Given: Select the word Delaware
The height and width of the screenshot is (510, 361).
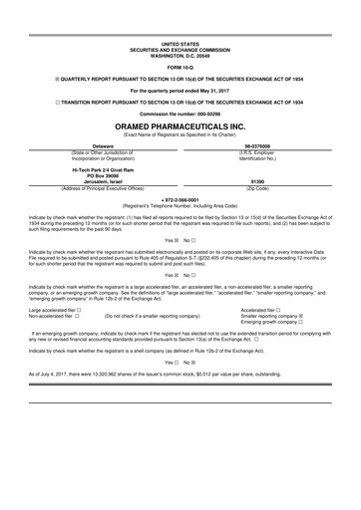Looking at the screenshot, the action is click(95, 144).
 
